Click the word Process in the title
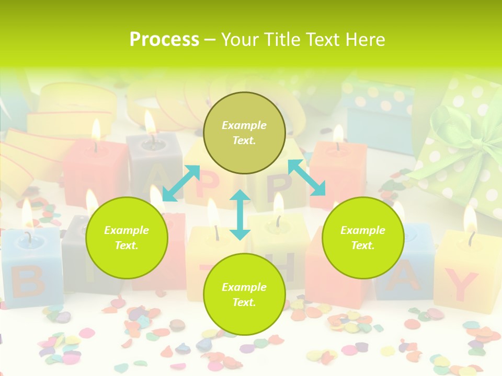coord(164,40)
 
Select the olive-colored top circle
coord(244,133)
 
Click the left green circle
coord(127,238)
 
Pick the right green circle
coord(363,238)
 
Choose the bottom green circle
coord(244,294)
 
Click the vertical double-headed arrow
coord(240,215)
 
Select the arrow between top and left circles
coord(181,183)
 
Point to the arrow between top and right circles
coord(306,178)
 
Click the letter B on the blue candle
coord(27,281)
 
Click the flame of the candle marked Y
coord(470,219)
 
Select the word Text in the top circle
coord(244,140)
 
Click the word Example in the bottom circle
coord(244,287)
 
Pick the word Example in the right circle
coord(363,230)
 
